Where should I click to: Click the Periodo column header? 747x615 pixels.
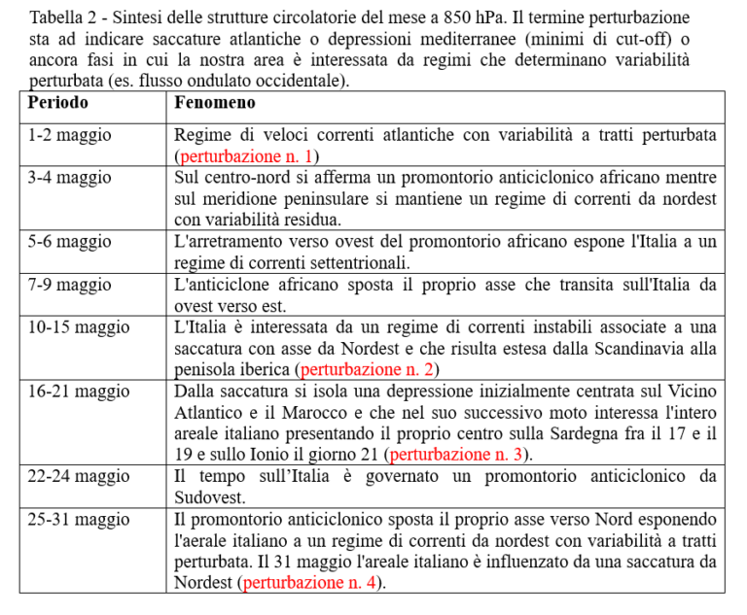tap(58, 102)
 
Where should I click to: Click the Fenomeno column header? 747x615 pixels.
tap(215, 102)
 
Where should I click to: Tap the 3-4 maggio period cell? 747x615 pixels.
tap(70, 178)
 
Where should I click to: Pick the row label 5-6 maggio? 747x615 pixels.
tap(70, 241)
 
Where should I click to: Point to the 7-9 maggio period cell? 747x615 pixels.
tap(70, 285)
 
